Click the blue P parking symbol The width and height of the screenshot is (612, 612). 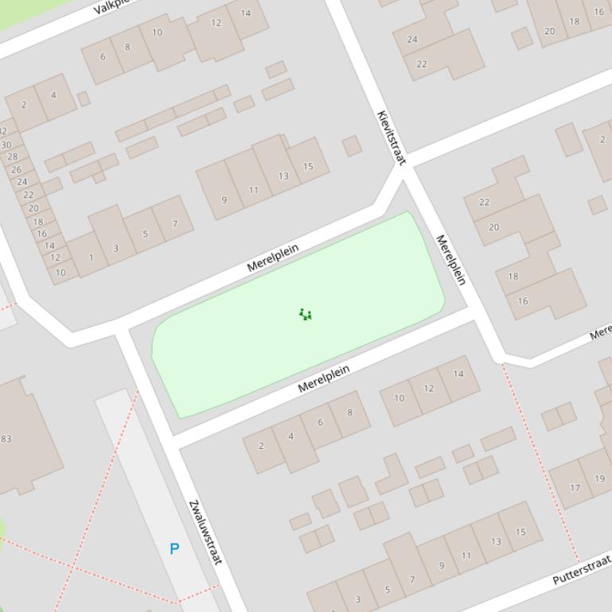(x=174, y=548)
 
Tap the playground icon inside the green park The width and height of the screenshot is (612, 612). (x=306, y=315)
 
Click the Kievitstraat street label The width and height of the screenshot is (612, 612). (x=391, y=138)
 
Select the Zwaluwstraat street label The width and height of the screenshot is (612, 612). (x=204, y=533)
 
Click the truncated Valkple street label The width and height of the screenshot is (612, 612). (x=111, y=7)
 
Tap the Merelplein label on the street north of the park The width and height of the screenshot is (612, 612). (x=273, y=258)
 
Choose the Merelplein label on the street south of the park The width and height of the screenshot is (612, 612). (x=324, y=379)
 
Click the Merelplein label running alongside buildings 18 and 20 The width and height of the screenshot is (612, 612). (x=450, y=260)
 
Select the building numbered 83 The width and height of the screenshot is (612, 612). (x=6, y=439)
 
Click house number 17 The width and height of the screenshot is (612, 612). (x=575, y=488)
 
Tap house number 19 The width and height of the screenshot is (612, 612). (x=599, y=478)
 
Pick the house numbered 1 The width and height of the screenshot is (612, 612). (x=91, y=258)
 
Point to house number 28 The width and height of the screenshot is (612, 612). (x=12, y=157)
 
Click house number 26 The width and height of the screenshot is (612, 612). (x=17, y=169)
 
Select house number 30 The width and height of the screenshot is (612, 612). (x=6, y=145)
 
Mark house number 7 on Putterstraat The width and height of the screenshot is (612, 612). (x=412, y=579)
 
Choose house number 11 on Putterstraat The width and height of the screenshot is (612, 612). (x=466, y=555)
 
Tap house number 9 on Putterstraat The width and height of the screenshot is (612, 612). (x=442, y=566)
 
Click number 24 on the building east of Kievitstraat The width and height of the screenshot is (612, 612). (x=412, y=39)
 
